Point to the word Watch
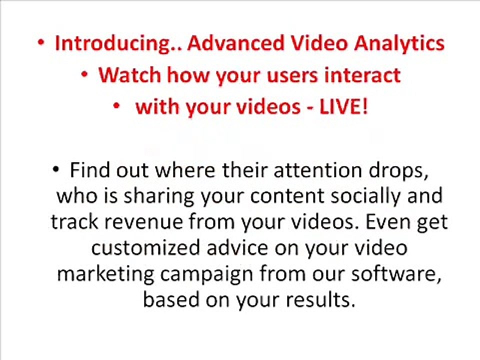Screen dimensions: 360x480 point(129,75)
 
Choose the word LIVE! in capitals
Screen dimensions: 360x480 point(343,106)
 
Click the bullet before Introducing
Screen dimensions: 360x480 point(41,43)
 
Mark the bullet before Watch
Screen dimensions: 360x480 point(85,74)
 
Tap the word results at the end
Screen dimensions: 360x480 point(320,300)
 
